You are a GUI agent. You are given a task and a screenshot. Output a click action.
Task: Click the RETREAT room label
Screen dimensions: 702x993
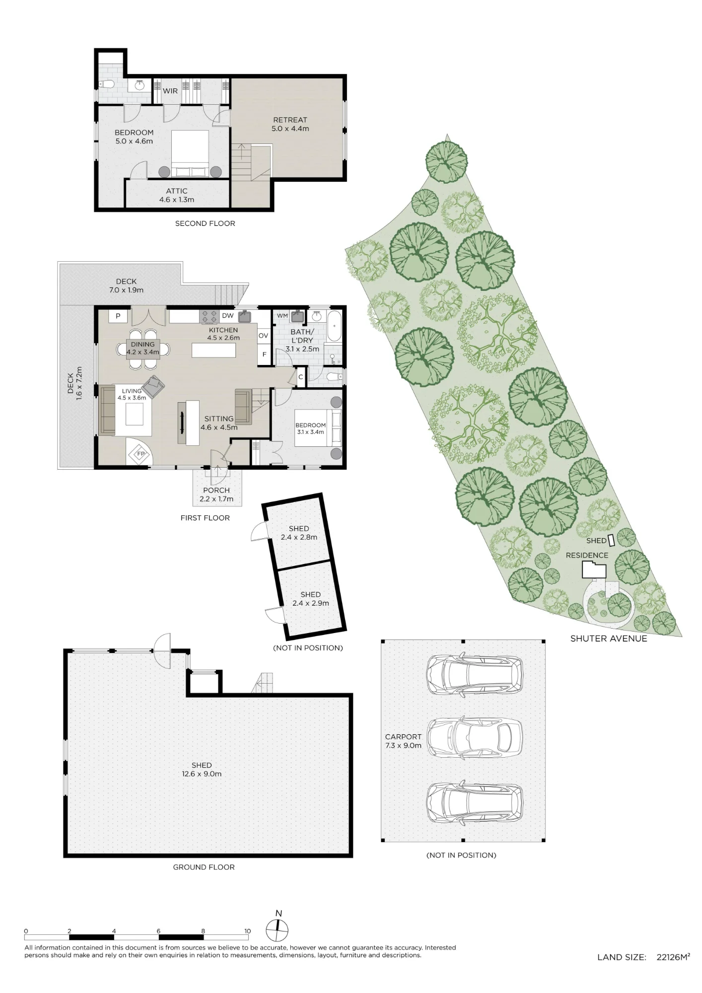(x=290, y=120)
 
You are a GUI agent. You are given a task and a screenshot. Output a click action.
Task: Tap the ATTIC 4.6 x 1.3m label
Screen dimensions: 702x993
(x=177, y=195)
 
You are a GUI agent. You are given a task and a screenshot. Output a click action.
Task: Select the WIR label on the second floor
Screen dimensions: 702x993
(x=170, y=91)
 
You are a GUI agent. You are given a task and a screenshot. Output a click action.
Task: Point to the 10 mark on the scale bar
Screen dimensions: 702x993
(x=247, y=931)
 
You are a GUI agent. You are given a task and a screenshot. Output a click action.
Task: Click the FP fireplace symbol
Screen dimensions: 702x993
(x=140, y=454)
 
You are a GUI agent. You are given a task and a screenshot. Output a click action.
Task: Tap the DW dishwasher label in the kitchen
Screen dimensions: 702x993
(x=227, y=316)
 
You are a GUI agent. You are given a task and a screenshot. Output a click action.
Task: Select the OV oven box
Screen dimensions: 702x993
(x=263, y=336)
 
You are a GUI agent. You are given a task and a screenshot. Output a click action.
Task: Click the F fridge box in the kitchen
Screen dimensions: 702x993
(x=264, y=355)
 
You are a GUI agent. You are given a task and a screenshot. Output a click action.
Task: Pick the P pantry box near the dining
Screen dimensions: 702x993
(x=118, y=316)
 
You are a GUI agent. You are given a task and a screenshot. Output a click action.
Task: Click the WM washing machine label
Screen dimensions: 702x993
(x=282, y=316)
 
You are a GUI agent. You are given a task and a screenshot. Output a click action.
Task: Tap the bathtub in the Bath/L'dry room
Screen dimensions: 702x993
(x=335, y=326)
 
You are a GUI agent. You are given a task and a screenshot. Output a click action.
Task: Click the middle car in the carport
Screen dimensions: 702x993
(x=475, y=739)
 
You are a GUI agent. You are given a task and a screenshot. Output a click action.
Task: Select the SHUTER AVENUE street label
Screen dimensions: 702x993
(x=609, y=639)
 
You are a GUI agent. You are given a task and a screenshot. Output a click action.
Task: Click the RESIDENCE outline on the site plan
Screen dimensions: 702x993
(x=594, y=569)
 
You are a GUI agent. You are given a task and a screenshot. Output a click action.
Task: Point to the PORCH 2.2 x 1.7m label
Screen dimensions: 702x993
(x=216, y=495)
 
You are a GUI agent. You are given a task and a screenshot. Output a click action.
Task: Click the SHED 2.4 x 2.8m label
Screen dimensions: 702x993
(x=299, y=533)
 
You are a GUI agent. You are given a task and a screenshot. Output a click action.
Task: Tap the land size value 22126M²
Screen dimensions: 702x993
(x=673, y=957)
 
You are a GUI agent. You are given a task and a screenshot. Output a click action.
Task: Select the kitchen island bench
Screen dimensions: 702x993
(x=213, y=351)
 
